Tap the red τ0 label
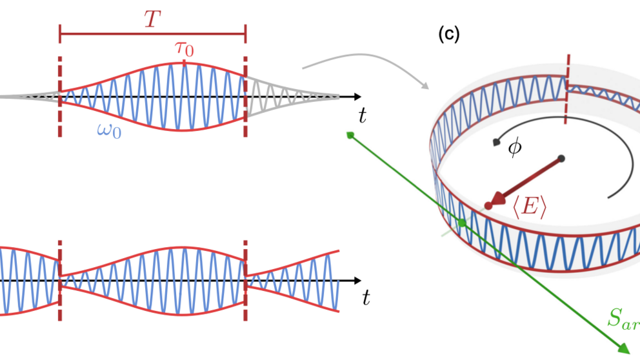tap(185, 48)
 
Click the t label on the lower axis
tap(366, 297)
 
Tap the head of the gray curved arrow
tap(425, 85)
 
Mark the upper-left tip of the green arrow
tap(350, 134)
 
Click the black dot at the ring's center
tap(562, 158)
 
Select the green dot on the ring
tap(462, 223)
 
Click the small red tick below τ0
tap(185, 63)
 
